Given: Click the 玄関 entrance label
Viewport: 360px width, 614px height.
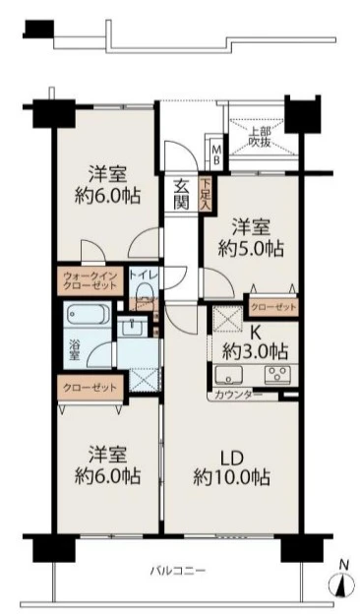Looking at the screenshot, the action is click(181, 195).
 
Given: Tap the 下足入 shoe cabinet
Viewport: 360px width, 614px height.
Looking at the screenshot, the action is click(206, 195).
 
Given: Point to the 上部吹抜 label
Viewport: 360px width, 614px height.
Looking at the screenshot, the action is click(260, 136).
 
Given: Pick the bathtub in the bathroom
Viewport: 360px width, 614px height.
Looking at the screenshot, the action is click(89, 315).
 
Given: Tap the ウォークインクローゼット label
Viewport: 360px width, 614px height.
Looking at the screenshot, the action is click(90, 280).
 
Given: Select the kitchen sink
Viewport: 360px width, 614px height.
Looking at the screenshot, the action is click(229, 375).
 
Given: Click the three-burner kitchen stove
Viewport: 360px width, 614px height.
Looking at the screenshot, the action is click(278, 374).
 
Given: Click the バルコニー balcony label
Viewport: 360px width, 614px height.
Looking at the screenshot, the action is click(178, 570).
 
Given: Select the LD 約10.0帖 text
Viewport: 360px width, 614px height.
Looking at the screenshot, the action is click(232, 467).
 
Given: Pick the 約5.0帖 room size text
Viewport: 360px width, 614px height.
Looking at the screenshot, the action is click(251, 248).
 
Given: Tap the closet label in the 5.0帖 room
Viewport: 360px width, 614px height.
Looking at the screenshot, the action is click(273, 307).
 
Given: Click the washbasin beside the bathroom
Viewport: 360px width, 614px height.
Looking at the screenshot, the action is click(132, 326).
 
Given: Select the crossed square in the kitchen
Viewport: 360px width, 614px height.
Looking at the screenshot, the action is click(228, 318).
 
